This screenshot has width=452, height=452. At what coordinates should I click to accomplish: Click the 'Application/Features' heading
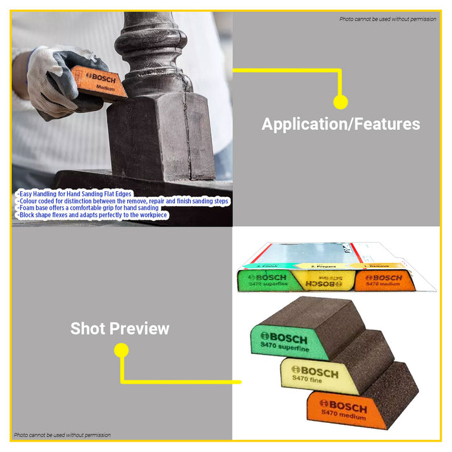pyautogui.click(x=340, y=124)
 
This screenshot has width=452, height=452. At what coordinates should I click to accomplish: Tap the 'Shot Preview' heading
pyautogui.click(x=119, y=329)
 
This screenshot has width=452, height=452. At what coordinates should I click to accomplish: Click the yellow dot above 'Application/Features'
pyautogui.click(x=340, y=101)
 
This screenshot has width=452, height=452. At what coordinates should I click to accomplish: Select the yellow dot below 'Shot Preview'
pyautogui.click(x=121, y=351)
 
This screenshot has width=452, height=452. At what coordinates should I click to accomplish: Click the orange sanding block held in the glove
pyautogui.click(x=99, y=82)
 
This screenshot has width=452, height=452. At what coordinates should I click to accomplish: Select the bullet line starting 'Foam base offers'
pyautogui.click(x=87, y=208)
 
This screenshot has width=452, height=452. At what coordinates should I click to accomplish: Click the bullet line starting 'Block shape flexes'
pyautogui.click(x=92, y=215)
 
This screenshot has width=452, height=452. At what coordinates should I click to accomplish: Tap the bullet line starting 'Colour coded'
pyautogui.click(x=123, y=201)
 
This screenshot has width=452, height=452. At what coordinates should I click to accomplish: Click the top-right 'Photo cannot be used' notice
pyautogui.click(x=388, y=19)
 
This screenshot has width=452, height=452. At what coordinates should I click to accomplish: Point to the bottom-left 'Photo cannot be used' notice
pyautogui.click(x=63, y=435)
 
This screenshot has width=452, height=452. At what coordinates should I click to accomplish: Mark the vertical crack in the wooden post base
pyautogui.click(x=188, y=129)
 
